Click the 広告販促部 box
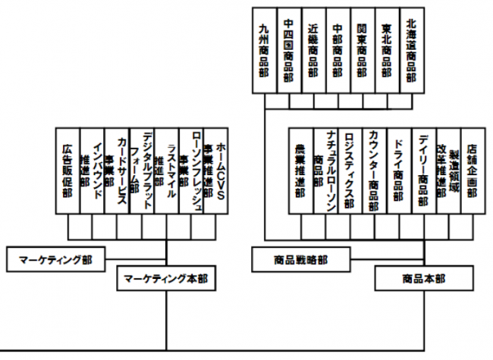coord(68,172)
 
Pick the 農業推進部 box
coord(300,172)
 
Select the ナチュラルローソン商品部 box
coord(325,172)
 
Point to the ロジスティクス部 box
coord(350,172)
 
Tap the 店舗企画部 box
coord(473,172)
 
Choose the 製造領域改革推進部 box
coord(448,172)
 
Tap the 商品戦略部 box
coord(300,258)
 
